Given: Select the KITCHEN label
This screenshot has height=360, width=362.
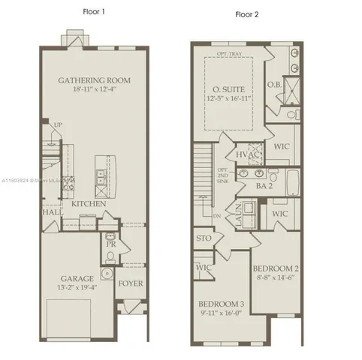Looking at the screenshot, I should pos(88,204).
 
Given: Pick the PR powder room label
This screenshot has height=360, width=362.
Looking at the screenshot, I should pos(110,244).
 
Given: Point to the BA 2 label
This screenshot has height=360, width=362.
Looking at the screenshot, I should pos(264,185).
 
